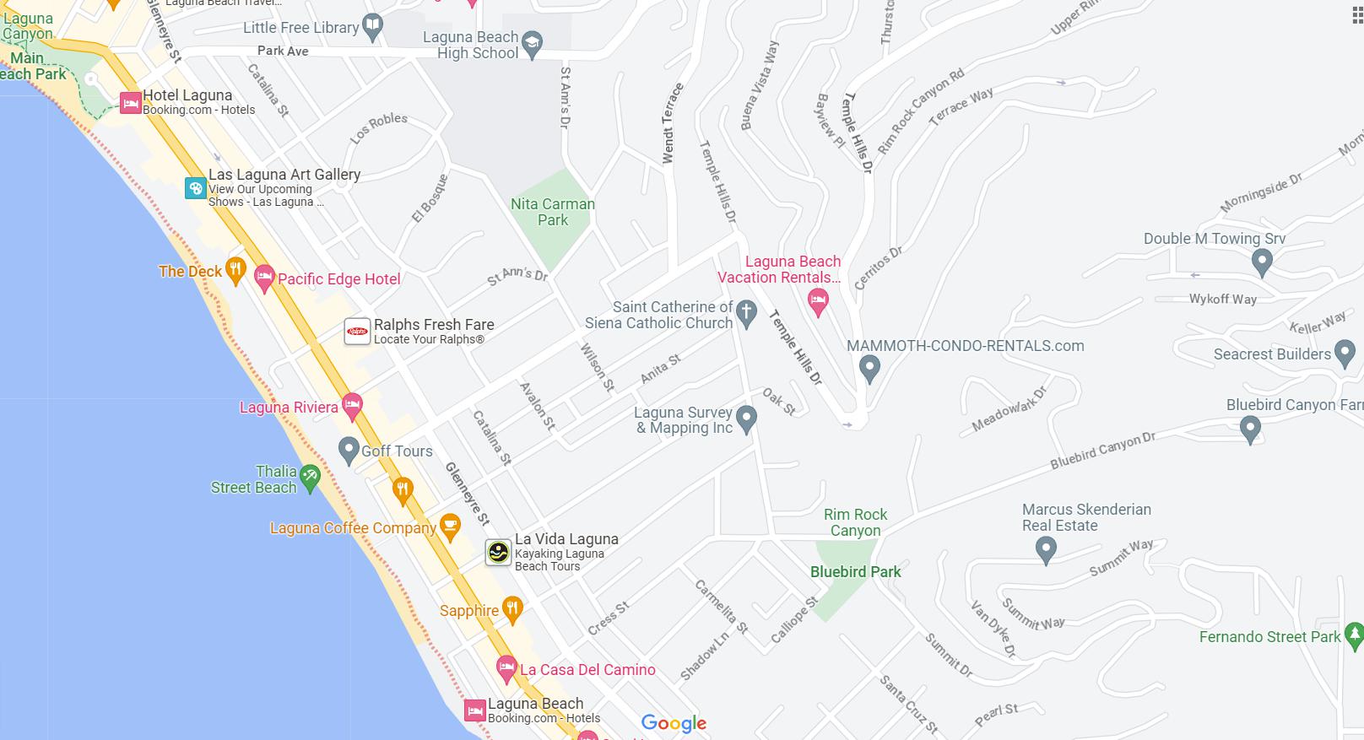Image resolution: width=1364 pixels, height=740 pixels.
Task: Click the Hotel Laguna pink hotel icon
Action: [130, 103]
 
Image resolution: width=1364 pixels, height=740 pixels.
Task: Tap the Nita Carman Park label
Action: [552, 212]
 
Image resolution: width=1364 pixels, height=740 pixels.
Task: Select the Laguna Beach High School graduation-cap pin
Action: [532, 44]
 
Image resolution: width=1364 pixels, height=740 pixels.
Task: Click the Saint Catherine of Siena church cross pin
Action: [745, 313]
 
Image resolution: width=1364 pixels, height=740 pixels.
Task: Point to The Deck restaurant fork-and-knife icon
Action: [235, 270]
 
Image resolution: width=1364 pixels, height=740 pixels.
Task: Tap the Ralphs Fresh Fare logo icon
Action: [357, 332]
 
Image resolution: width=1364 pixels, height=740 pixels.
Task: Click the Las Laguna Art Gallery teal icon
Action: [196, 187]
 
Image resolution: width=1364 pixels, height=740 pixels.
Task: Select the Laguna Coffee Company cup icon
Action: [451, 527]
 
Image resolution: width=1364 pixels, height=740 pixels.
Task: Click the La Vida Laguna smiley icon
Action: [498, 553]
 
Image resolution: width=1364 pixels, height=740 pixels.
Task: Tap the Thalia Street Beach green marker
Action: [310, 478]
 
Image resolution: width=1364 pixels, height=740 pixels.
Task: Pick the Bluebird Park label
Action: [855, 571]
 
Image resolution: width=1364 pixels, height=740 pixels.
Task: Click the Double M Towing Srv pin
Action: [1261, 262]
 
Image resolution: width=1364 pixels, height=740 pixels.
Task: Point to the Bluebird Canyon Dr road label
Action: [1102, 451]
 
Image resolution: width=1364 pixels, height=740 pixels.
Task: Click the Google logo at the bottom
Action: [674, 723]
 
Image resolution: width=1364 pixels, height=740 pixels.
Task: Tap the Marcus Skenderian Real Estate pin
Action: [1046, 549]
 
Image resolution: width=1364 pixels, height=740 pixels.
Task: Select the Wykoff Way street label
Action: [1222, 299]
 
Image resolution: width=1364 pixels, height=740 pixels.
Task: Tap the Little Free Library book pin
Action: [372, 26]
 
